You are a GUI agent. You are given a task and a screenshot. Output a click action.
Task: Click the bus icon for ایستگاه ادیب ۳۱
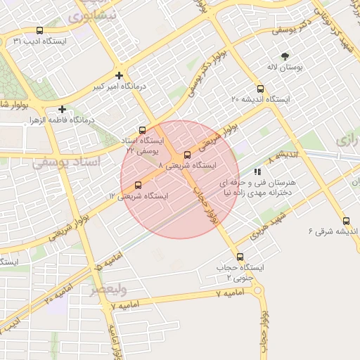(x=39, y=31)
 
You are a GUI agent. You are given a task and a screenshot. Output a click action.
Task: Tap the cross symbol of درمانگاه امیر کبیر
(x=120, y=75)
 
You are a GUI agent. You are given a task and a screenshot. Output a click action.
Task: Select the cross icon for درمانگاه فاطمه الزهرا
(x=63, y=109)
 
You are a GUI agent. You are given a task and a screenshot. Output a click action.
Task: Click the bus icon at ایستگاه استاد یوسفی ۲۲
(x=143, y=130)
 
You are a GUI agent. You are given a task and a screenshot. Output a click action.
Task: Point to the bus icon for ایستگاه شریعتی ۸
(x=187, y=155)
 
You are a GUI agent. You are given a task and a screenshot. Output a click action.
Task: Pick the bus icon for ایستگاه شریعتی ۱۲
(x=137, y=185)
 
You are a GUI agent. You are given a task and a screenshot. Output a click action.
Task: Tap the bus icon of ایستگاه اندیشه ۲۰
(x=260, y=89)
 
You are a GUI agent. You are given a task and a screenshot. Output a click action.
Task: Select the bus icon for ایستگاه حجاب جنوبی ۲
(x=240, y=257)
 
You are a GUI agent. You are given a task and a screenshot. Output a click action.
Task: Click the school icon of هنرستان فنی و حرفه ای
(x=257, y=171)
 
